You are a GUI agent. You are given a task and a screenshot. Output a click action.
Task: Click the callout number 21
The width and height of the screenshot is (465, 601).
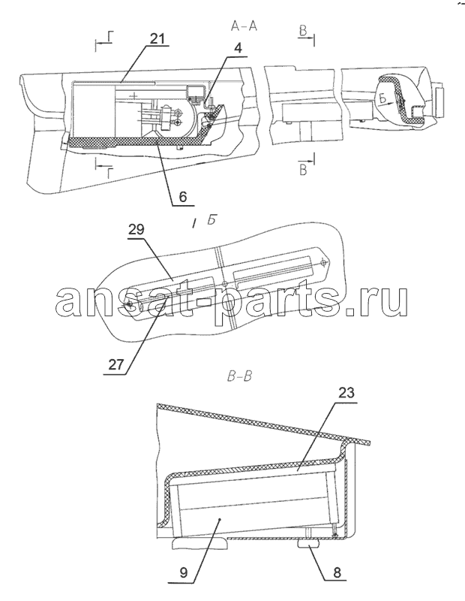(156, 39)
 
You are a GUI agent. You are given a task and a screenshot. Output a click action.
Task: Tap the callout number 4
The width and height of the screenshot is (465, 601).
(238, 49)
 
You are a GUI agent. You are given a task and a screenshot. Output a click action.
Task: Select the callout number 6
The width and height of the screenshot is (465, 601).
(182, 197)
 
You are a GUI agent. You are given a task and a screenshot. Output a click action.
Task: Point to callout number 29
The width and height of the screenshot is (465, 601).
(136, 230)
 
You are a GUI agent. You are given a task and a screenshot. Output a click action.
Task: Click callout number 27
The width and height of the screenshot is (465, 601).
(116, 364)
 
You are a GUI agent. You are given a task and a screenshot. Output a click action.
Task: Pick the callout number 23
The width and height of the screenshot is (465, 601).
(346, 393)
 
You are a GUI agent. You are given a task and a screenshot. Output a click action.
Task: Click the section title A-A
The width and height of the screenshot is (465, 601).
(244, 26)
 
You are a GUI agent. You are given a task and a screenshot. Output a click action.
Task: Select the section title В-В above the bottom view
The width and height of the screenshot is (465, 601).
(239, 377)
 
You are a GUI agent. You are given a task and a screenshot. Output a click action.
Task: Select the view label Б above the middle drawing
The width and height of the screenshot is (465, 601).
(212, 221)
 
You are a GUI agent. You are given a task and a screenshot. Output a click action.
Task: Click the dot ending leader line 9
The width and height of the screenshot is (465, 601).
(220, 519)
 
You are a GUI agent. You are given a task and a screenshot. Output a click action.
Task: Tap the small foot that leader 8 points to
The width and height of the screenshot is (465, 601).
(308, 544)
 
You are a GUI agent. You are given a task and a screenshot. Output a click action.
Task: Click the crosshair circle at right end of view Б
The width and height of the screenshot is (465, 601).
(324, 263)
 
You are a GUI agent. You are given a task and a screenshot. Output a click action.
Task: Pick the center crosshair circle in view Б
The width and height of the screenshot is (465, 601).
(225, 285)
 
